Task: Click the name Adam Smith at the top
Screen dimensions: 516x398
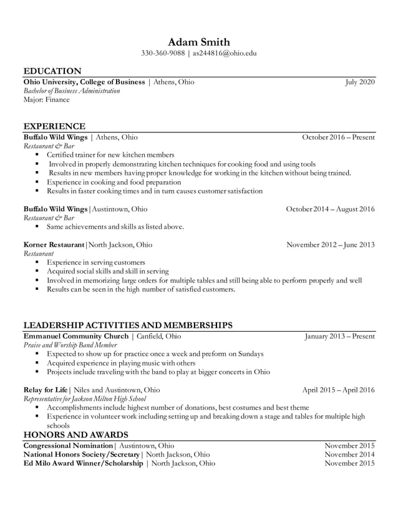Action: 198,41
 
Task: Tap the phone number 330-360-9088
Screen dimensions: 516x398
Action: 163,53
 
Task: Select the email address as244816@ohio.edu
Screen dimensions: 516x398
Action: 225,53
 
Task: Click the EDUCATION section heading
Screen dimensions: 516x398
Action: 52,71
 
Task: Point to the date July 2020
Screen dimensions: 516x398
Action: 360,82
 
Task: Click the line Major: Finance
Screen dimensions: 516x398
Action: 47,100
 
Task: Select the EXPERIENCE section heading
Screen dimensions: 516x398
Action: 54,126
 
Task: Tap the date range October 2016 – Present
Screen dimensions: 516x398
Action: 338,137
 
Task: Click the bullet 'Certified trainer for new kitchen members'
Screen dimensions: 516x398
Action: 110,155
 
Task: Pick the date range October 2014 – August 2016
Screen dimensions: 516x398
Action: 330,209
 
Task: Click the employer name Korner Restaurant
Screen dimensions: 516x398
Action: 53,245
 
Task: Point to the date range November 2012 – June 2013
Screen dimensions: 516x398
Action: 330,245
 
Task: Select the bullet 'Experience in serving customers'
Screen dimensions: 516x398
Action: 96,263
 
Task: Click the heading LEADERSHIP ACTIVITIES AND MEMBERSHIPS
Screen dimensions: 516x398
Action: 128,325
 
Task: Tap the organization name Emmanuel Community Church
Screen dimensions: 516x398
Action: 75,337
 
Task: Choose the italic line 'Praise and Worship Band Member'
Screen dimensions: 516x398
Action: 70,345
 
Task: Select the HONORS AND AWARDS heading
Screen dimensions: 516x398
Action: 75,435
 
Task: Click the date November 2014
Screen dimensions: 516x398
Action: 349,455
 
